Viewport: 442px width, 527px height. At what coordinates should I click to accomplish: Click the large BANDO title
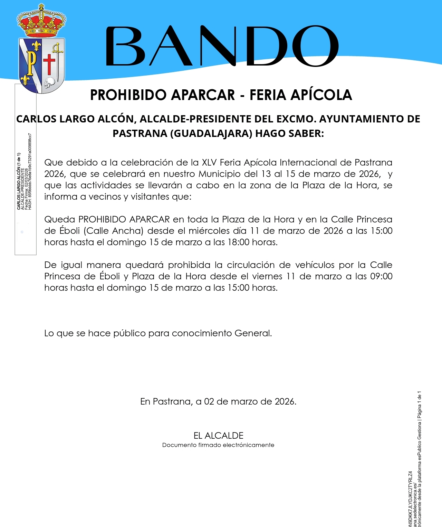click(x=222, y=46)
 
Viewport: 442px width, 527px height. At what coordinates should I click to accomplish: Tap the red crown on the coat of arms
click(x=41, y=22)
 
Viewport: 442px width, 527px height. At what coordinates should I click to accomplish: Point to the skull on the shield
click(x=50, y=82)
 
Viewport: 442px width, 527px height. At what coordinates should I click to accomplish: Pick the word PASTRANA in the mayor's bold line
click(x=140, y=133)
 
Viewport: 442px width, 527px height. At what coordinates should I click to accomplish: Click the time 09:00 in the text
click(x=381, y=276)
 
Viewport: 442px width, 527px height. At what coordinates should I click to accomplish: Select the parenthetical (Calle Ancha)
click(x=114, y=231)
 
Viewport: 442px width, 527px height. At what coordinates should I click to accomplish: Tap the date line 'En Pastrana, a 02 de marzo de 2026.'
click(x=218, y=401)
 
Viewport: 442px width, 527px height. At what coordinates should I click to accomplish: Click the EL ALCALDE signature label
click(x=218, y=435)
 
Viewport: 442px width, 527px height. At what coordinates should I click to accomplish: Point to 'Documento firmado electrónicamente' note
click(x=218, y=445)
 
